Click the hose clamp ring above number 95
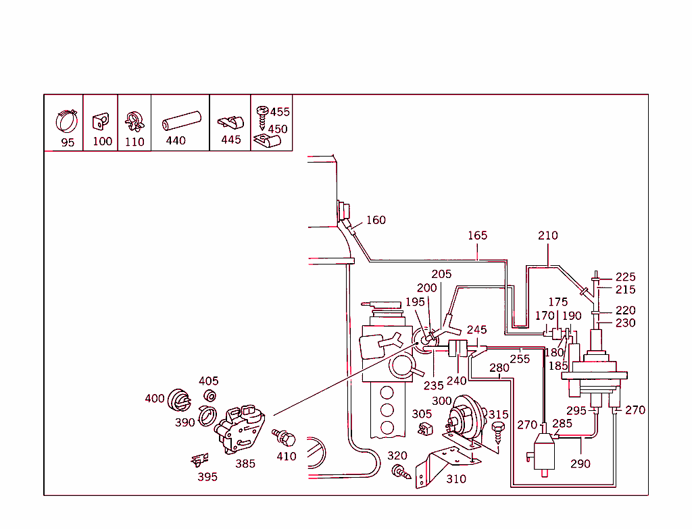[67, 122]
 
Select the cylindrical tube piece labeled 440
[182, 121]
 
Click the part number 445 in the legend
[230, 140]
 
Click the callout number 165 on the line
[477, 235]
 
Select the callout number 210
[548, 235]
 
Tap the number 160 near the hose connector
[376, 220]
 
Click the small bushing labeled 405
[210, 395]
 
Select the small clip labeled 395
[199, 461]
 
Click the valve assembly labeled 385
[241, 429]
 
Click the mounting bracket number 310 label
[456, 479]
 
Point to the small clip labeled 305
[425, 428]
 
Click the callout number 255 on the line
[520, 359]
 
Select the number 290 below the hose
[580, 464]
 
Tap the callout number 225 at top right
[625, 277]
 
